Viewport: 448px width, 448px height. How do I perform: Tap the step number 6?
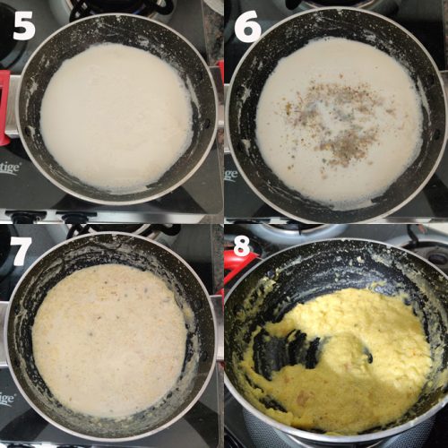pos(246,27)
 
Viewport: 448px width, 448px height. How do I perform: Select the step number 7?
pos(21,251)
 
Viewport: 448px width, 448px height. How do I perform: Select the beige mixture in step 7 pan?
pos(108,340)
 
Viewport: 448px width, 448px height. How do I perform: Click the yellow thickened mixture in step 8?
pos(367,358)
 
